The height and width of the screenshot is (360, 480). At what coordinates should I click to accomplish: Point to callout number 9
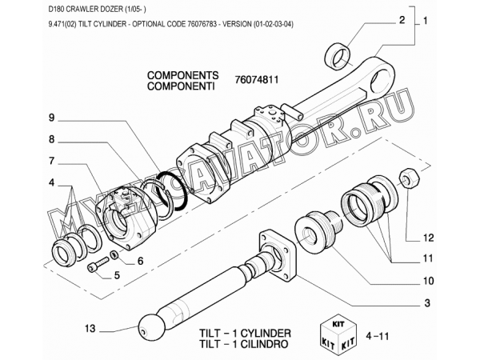coord(51,118)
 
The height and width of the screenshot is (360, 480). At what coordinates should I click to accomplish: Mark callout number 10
coord(428,281)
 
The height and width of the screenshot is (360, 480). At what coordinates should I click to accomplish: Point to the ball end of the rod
coord(152,326)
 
